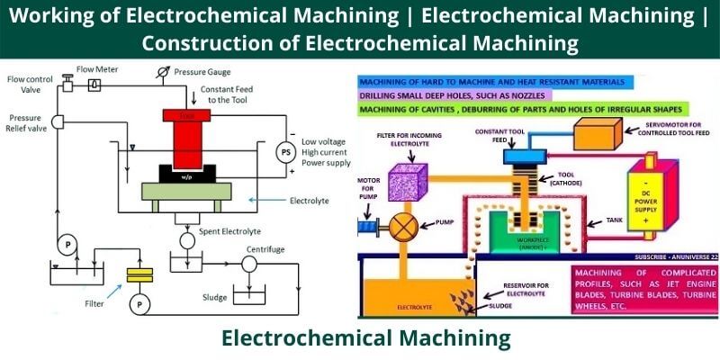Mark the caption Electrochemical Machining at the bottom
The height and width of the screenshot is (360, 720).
click(x=365, y=337)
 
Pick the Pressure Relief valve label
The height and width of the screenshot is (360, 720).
click(x=27, y=123)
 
